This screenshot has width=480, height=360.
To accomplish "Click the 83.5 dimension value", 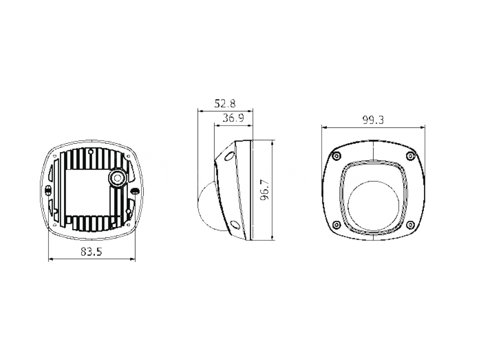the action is (x=91, y=252).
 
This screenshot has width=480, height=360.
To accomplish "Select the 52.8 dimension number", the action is (x=225, y=103).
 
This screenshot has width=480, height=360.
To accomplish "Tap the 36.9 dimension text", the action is (x=233, y=118).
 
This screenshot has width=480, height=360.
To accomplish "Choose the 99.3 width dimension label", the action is (x=373, y=120).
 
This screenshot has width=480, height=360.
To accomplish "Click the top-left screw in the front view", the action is (x=336, y=156).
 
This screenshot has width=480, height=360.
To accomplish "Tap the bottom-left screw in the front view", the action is (x=336, y=225).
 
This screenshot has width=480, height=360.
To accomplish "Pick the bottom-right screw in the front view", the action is (x=411, y=225).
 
